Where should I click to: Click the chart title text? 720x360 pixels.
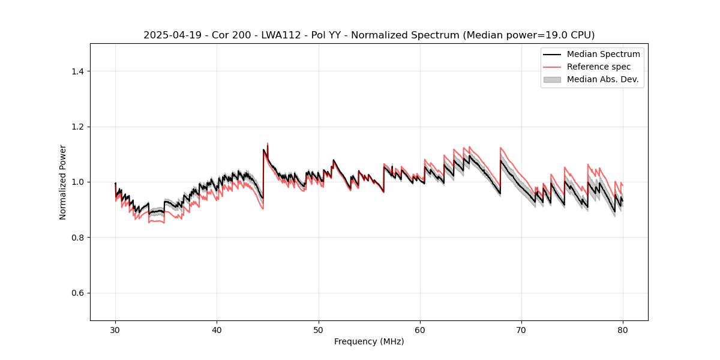[x=369, y=35]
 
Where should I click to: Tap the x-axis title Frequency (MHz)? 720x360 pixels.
[x=369, y=341]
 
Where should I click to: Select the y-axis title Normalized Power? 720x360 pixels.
[x=63, y=182]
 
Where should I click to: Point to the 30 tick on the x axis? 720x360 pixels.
[x=115, y=329]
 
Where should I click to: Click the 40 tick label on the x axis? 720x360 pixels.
[x=217, y=329]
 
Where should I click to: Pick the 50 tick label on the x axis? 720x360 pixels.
[x=319, y=329]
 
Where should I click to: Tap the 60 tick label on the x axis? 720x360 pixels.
[x=420, y=329]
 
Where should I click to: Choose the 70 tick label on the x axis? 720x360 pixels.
[x=521, y=329]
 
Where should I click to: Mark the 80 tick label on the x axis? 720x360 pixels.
[x=623, y=329]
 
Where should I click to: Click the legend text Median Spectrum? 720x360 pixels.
[x=603, y=54]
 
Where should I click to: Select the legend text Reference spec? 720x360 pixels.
[x=599, y=67]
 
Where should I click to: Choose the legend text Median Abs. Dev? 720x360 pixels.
[x=602, y=79]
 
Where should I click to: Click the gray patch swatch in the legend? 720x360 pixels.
[x=551, y=79]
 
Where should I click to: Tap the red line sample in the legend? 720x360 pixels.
[x=551, y=67]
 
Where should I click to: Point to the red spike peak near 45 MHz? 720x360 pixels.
[x=268, y=143]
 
